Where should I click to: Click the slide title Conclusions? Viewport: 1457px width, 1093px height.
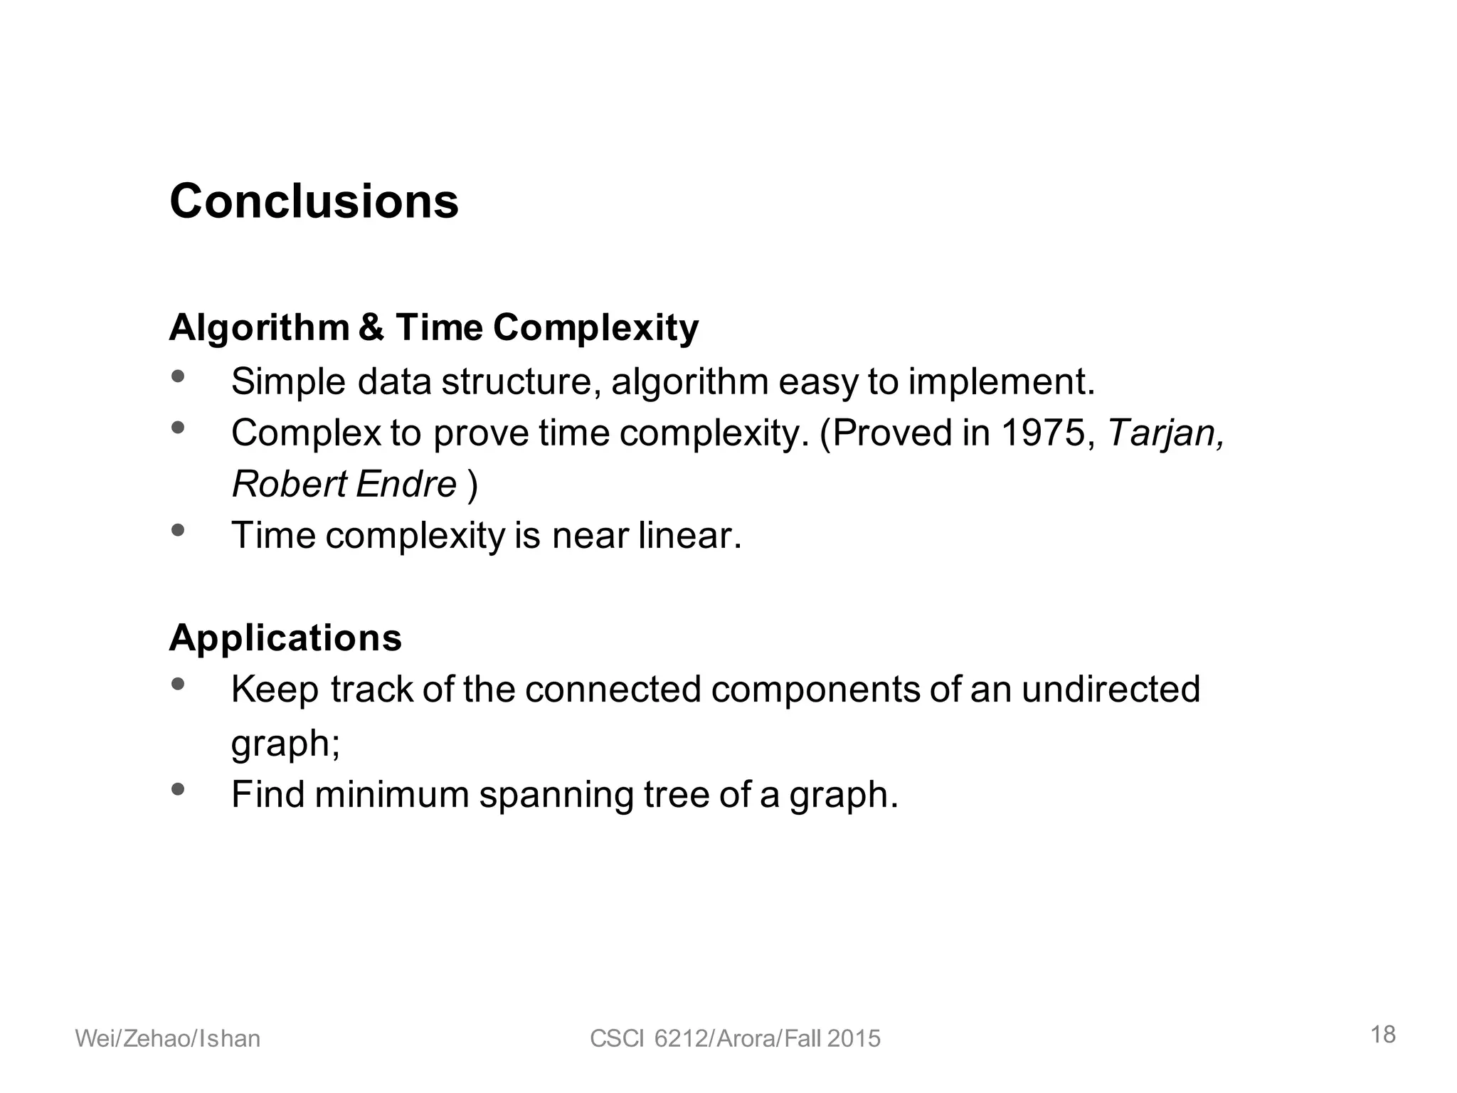pos(314,201)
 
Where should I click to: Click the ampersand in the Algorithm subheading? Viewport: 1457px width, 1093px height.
pos(371,328)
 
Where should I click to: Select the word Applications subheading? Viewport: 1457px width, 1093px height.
pos(285,638)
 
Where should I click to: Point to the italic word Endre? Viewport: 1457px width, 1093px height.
pos(406,485)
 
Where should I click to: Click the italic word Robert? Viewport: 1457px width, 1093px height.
pos(288,485)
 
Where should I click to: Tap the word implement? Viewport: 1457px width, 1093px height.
pos(1001,381)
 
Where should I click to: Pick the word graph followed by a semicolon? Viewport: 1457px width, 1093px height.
pos(285,744)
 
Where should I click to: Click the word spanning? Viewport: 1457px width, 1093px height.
pos(556,795)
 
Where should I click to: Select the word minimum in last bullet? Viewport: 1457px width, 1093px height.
pos(391,795)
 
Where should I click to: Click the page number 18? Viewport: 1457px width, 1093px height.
pos(1383,1035)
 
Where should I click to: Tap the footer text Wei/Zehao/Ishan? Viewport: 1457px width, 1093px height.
pos(168,1039)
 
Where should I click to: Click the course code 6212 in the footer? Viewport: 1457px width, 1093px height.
pos(679,1039)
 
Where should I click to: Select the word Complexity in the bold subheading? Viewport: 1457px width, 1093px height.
pos(595,328)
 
